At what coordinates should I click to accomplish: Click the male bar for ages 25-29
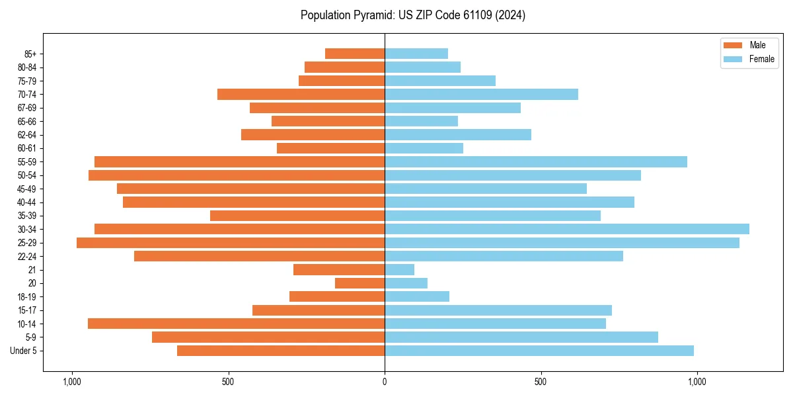231,243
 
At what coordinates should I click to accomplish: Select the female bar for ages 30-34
567,229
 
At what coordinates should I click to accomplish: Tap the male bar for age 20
360,283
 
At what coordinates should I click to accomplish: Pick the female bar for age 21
400,270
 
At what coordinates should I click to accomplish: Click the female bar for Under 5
539,351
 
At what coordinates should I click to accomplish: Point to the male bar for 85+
355,54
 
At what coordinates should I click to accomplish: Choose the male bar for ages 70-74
301,94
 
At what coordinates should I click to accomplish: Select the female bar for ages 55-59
536,161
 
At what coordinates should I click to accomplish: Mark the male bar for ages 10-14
236,324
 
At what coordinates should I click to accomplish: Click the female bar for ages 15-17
498,310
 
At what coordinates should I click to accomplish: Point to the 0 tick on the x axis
385,382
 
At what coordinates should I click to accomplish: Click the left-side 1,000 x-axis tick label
71,382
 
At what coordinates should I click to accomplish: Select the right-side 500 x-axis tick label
541,382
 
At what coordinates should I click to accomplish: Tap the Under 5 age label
24,351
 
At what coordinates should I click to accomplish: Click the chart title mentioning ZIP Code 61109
413,15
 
